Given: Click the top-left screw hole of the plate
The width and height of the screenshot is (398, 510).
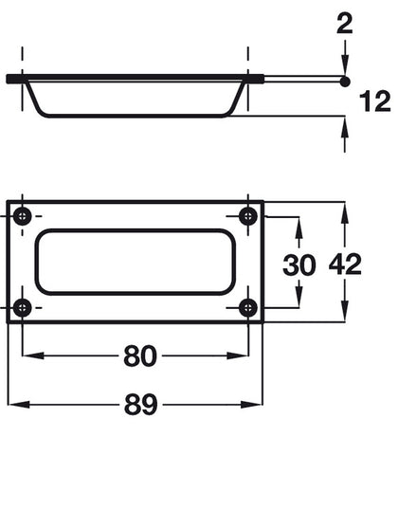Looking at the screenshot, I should point(25,215).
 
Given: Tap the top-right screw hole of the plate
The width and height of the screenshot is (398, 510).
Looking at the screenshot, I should point(248,215).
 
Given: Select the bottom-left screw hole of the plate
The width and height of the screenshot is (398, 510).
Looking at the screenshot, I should point(25,306).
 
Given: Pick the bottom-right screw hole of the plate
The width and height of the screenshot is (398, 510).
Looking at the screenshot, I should point(248,306).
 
